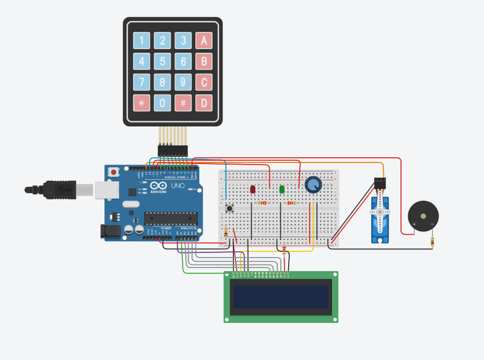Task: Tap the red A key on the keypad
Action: [204, 41]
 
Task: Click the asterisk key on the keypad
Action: [141, 103]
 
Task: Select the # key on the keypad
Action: [183, 103]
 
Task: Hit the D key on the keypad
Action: [204, 103]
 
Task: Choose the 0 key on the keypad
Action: [162, 103]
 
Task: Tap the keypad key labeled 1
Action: [141, 41]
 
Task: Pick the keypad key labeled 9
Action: [183, 82]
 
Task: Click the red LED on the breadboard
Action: [253, 189]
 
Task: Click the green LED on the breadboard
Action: [282, 189]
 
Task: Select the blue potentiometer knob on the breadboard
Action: [313, 184]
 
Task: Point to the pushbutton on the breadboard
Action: [229, 208]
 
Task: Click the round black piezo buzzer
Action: [423, 215]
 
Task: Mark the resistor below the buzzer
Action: [432, 241]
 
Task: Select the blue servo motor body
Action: [380, 219]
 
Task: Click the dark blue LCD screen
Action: [281, 297]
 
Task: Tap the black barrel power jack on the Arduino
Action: [110, 231]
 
